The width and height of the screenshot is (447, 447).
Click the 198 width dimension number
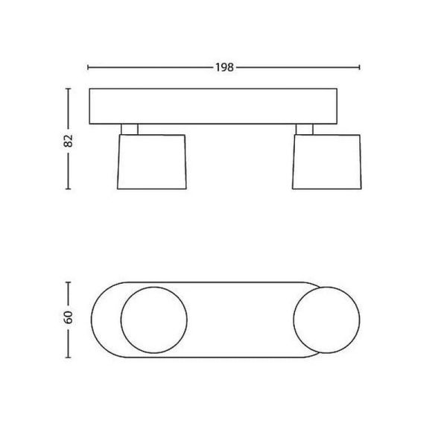[224, 67]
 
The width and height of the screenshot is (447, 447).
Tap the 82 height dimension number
[68, 142]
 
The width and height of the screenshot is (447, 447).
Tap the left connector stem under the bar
[128, 129]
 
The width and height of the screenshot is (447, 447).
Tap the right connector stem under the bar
[304, 129]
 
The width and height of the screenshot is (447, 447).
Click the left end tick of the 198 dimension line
[89, 67]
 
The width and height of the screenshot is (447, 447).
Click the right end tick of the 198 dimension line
[361, 67]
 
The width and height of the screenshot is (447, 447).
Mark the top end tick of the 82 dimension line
[69, 89]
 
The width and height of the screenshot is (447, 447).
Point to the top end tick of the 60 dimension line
[69, 282]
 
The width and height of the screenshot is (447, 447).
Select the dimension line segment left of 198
[149, 67]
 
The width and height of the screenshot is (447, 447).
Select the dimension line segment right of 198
[298, 67]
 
